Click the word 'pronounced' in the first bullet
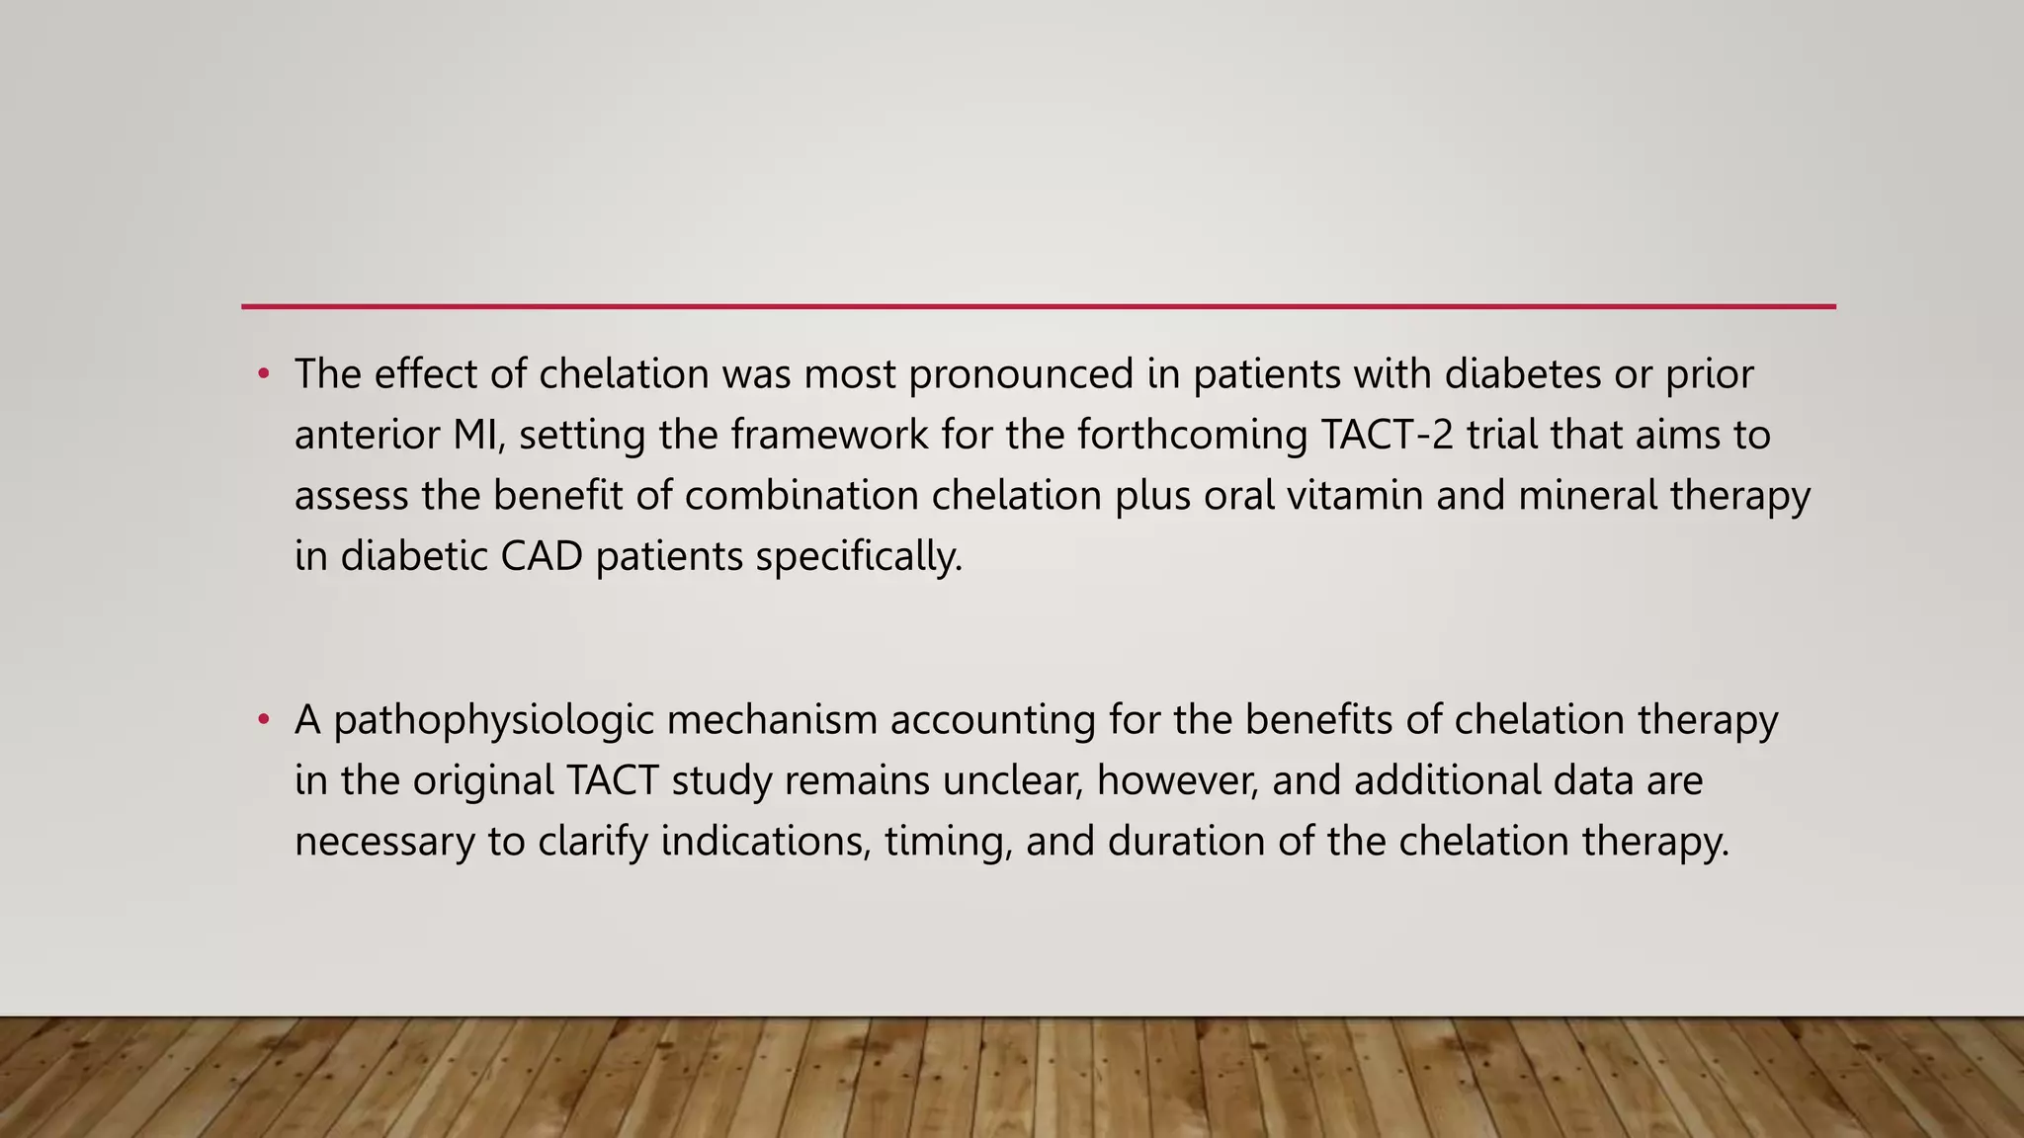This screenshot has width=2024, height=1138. click(x=1021, y=374)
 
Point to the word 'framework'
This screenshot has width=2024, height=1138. click(x=829, y=435)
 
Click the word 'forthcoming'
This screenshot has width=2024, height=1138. click(x=1192, y=435)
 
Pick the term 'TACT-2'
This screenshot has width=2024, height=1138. click(x=1387, y=435)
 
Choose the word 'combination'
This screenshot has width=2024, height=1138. click(x=801, y=495)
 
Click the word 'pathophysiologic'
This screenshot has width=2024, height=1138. click(x=494, y=720)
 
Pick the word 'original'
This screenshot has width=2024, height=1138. click(x=482, y=780)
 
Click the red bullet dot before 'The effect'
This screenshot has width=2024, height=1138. click(x=263, y=374)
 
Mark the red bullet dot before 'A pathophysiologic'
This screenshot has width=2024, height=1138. click(x=263, y=720)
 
